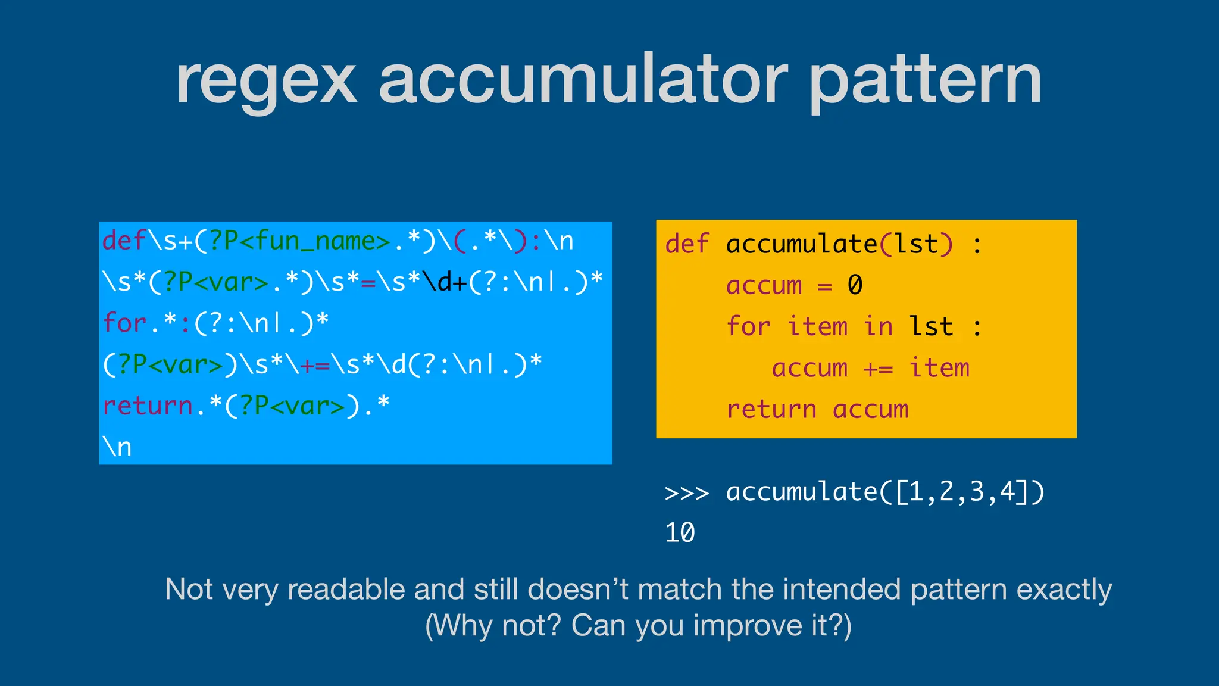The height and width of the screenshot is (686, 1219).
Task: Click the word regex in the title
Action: pos(266,80)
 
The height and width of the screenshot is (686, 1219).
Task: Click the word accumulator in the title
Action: pos(583,80)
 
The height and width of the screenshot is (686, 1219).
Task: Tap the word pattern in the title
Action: pos(926,80)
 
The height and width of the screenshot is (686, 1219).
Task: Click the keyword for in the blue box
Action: pos(124,323)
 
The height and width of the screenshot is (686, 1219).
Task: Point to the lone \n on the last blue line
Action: pos(117,447)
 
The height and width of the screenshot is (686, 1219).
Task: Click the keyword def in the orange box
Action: pos(687,244)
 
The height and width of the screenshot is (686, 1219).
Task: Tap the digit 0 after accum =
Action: pos(855,285)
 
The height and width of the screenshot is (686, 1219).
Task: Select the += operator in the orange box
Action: pos(878,369)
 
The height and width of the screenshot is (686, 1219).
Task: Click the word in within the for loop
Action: pos(878,327)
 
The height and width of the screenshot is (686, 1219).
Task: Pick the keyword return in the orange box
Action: pos(771,410)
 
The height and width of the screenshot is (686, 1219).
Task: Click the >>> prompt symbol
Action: pos(687,493)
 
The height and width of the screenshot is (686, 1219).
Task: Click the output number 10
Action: pos(680,533)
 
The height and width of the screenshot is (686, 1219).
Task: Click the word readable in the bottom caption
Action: pos(348,590)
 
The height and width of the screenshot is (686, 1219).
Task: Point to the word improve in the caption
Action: pos(747,626)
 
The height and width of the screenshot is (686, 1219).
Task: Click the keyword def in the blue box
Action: pos(124,241)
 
